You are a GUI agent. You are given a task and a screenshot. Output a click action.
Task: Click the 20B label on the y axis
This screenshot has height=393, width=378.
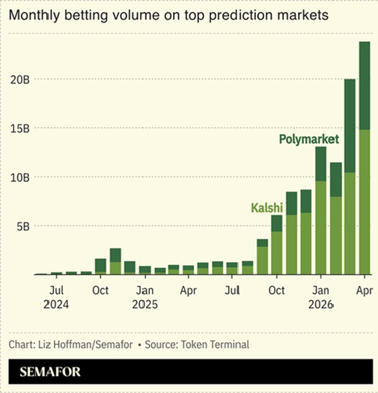[x=19, y=79]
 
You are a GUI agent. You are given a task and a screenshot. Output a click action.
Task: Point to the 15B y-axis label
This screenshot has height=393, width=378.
[x=19, y=129]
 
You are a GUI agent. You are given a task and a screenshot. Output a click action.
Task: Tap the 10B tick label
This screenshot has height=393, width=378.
[x=19, y=177]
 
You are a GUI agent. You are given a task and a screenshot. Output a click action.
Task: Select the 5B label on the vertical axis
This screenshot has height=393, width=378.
[x=23, y=227]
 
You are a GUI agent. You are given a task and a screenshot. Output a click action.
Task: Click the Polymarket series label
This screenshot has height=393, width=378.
[x=309, y=139]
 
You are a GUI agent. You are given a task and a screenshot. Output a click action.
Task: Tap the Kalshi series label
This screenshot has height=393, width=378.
[x=267, y=208]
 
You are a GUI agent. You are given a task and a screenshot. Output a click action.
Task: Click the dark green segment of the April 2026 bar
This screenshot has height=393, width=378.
[x=365, y=86]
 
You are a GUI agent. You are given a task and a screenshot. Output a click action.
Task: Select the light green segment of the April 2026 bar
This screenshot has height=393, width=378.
[x=365, y=202]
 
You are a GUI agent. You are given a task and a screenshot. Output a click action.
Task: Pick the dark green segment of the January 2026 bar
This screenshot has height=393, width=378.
[x=321, y=164]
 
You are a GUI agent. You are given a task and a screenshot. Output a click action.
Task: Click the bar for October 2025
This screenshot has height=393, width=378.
[x=277, y=245]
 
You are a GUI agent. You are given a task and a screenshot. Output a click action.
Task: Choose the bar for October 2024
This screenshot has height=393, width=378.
[x=100, y=266]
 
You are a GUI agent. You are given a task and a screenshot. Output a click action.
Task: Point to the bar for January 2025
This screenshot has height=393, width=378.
[x=145, y=270]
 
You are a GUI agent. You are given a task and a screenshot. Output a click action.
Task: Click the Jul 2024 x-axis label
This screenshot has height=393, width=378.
[x=56, y=297]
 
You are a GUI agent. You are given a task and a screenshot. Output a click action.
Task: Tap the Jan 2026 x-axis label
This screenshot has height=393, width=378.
[x=321, y=297]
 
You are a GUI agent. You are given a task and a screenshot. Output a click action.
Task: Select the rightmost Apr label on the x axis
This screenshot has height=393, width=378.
[x=365, y=290]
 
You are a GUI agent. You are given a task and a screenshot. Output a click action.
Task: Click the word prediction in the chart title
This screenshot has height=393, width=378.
[x=240, y=16]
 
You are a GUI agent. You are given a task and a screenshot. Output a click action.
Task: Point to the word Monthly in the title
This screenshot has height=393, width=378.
[x=34, y=16]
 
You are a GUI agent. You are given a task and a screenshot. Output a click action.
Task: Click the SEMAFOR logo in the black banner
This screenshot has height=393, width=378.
[x=50, y=372]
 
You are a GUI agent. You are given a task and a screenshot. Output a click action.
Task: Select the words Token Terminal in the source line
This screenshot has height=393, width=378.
[x=215, y=344]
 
